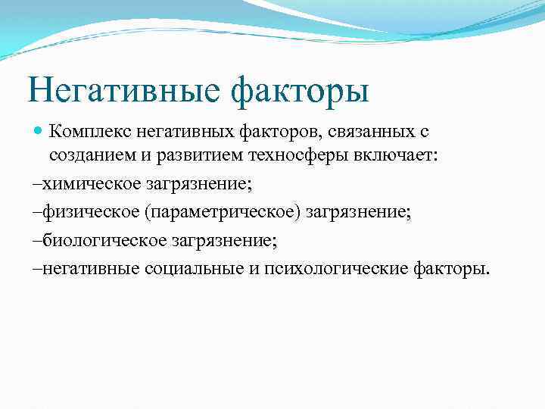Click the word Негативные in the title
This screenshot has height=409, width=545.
pos(121,91)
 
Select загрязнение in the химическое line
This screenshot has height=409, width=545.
pos(200,184)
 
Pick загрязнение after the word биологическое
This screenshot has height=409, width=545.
pos(224,241)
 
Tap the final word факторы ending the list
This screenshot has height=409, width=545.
pos(451,269)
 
